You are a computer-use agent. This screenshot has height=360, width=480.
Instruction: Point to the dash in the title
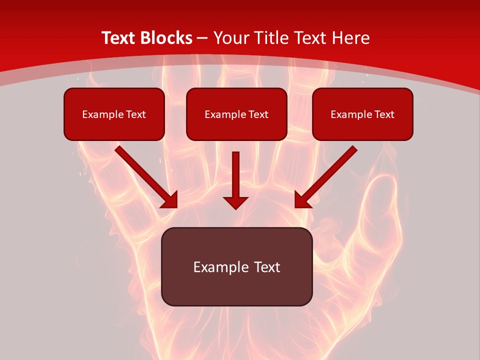pyautogui.click(x=202, y=38)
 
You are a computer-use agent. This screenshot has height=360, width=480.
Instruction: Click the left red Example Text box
pyautogui.click(x=114, y=114)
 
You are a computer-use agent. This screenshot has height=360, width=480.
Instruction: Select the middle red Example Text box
pyautogui.click(x=236, y=114)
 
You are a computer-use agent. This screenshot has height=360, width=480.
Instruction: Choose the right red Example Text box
pyautogui.click(x=362, y=114)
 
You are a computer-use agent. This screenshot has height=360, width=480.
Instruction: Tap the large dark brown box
pyautogui.click(x=236, y=266)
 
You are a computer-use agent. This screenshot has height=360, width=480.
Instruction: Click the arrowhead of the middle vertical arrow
pyautogui.click(x=235, y=202)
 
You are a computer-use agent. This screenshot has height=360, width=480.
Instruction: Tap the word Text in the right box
pyautogui.click(x=384, y=114)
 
